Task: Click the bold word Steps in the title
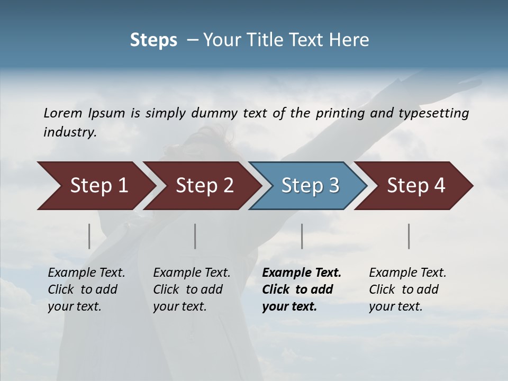click(x=153, y=40)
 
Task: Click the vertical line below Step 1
click(x=89, y=236)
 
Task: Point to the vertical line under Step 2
click(x=195, y=236)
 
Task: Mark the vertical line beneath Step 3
click(x=302, y=236)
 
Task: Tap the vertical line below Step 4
click(x=409, y=236)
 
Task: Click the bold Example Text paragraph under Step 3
click(x=302, y=289)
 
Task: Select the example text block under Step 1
click(x=86, y=289)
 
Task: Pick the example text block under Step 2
click(x=192, y=289)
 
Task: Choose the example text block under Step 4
click(x=407, y=289)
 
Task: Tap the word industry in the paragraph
click(x=69, y=132)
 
